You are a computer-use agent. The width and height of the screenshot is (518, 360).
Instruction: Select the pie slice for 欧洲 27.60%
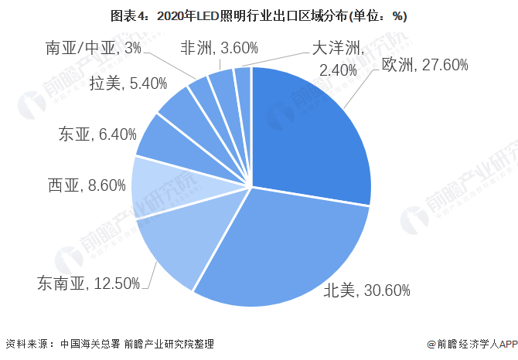(x=309, y=131)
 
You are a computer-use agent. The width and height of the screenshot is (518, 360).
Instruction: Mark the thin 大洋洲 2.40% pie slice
(x=244, y=81)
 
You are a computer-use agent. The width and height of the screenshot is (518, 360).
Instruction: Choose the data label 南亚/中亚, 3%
(x=94, y=48)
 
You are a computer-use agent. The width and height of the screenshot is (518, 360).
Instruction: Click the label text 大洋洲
(x=337, y=48)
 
